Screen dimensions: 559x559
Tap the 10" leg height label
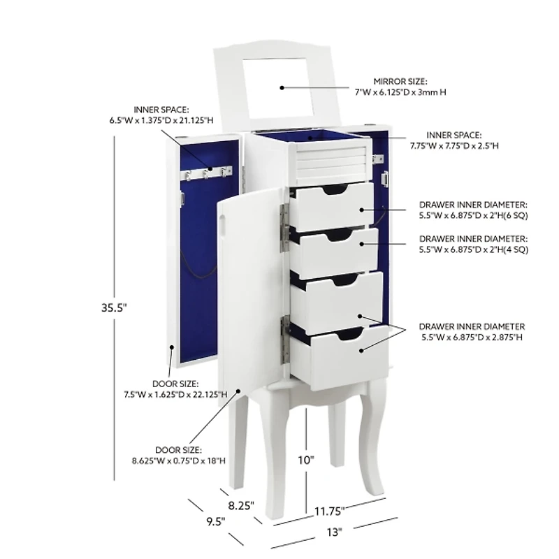(x=305, y=460)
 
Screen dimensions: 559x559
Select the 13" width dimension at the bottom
(x=334, y=532)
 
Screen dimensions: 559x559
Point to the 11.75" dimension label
(x=329, y=511)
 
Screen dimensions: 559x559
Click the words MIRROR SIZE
(x=400, y=81)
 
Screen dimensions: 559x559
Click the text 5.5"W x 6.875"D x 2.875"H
(x=472, y=337)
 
